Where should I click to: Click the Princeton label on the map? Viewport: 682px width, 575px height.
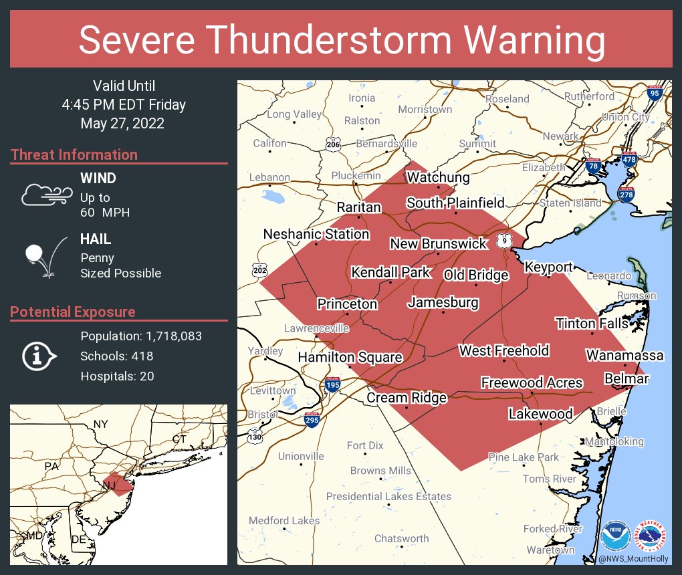coord(347,304)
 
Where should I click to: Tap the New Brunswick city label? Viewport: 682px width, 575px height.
coord(439,244)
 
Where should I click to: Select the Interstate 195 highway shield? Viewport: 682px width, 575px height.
coord(332,385)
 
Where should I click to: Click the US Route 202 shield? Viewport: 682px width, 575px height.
coord(260,270)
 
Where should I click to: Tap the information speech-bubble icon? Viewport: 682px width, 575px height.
coord(40,356)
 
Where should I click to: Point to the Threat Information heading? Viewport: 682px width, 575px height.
coord(74,155)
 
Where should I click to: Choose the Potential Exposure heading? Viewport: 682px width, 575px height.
coord(73,312)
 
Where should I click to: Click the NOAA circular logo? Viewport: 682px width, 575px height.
coord(615,536)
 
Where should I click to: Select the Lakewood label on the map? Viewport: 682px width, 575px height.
coord(540,414)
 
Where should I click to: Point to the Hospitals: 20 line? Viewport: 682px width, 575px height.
coord(117,376)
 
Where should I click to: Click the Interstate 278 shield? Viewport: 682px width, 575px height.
coord(627,195)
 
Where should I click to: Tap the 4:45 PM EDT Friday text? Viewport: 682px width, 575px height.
coord(124,105)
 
